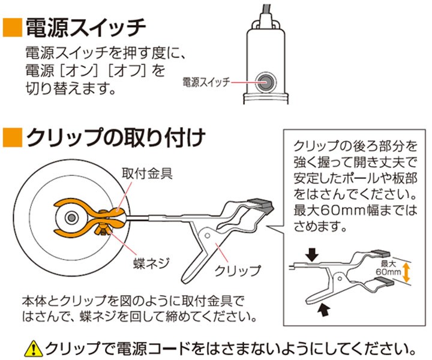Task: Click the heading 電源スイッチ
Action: click(85, 28)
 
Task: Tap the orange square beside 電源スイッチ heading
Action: click(13, 28)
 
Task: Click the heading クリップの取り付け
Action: click(116, 138)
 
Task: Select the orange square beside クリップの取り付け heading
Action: click(13, 138)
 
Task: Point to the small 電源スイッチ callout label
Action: click(206, 82)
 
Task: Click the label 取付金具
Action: click(147, 173)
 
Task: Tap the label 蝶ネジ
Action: click(151, 262)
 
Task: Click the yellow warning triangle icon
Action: click(34, 349)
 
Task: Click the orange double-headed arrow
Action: click(406, 272)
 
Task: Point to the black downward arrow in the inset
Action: click(313, 254)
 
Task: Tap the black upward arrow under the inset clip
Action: click(324, 310)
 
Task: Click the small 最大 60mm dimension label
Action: click(388, 268)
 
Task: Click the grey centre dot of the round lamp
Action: click(71, 218)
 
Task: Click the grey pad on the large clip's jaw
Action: click(260, 204)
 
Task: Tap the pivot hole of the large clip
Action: click(208, 236)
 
